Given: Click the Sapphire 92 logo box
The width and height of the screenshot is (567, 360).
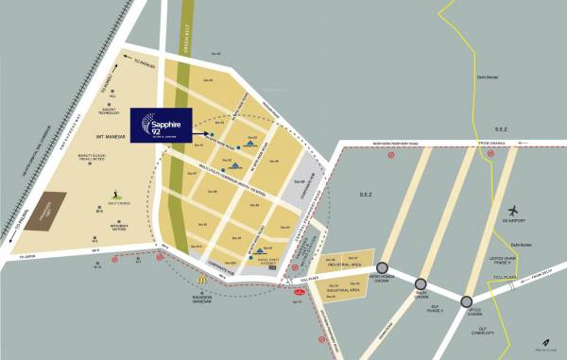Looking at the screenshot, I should [161, 127].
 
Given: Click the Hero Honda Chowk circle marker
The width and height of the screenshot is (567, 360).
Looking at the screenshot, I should [383, 267].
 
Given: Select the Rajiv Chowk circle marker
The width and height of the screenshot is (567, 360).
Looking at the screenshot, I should [421, 283].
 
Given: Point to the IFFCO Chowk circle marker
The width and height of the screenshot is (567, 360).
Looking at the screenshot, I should [466, 301].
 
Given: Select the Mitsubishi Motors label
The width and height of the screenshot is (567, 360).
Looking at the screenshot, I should [119, 228].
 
